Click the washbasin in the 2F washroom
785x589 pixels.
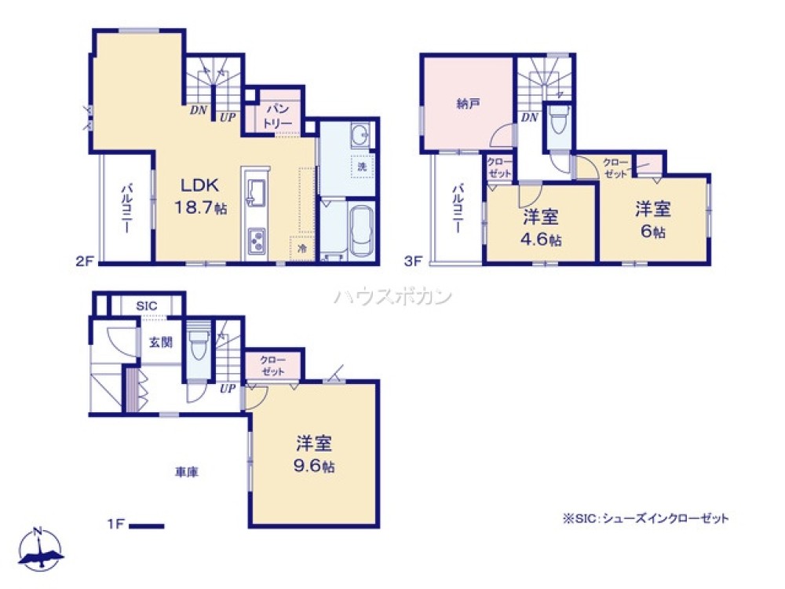(360, 136)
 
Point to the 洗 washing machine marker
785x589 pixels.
(362, 166)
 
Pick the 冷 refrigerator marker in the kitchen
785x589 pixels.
(302, 247)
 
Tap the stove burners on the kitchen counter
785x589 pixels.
(257, 240)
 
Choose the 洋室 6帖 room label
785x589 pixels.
(653, 220)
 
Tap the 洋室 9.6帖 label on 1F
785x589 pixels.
(316, 453)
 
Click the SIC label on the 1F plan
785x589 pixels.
(146, 305)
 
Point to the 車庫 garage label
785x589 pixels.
(186, 472)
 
